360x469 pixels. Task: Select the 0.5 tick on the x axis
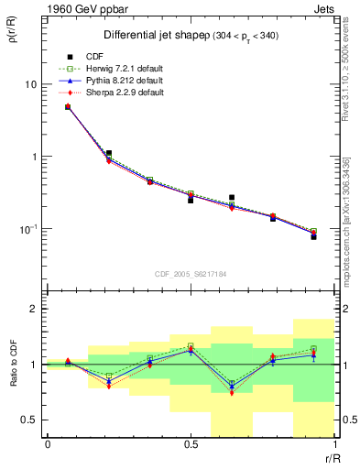(190, 444)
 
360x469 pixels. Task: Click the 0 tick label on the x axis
(47, 444)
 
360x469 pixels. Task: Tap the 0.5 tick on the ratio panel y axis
(29, 420)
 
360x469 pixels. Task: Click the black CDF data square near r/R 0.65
(232, 197)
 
